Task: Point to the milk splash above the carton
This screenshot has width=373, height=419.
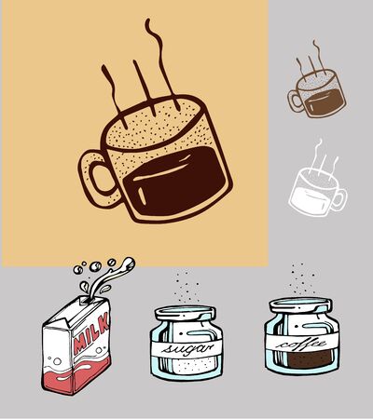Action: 103,274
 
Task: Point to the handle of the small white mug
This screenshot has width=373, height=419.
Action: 338,198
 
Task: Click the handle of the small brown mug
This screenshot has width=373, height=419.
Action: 295,101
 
